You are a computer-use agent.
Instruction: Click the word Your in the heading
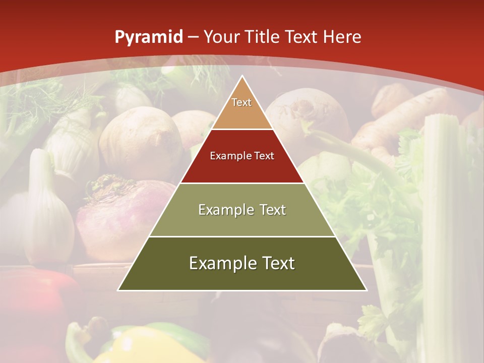click(222, 37)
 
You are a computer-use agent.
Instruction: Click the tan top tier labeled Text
click(242, 109)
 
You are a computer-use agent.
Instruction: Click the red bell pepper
click(35, 302)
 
